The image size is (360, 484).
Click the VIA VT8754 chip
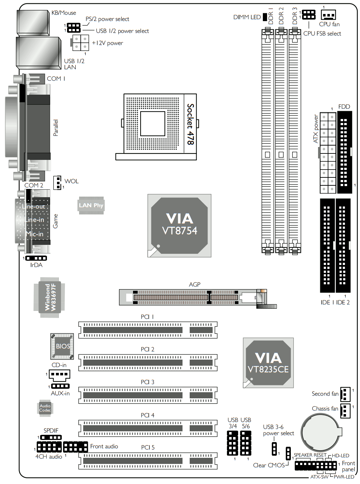click(x=179, y=226)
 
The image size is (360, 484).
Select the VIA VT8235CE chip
click(x=268, y=363)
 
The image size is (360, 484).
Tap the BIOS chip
click(x=62, y=346)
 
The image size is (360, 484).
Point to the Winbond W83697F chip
click(x=49, y=297)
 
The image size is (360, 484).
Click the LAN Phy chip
click(x=91, y=205)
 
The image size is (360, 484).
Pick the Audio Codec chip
click(x=45, y=408)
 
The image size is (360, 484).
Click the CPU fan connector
click(x=328, y=15)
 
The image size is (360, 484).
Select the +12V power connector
click(x=80, y=43)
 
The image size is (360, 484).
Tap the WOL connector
click(x=57, y=182)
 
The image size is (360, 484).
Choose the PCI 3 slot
click(x=148, y=395)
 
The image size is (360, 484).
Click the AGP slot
click(x=198, y=298)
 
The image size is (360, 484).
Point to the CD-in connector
click(x=60, y=374)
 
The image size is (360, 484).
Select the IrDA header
click(x=36, y=258)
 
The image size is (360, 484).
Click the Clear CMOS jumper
click(x=288, y=453)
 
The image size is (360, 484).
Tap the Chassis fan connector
click(x=345, y=411)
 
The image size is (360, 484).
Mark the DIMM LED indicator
click(x=265, y=17)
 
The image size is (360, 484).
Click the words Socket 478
click(x=190, y=124)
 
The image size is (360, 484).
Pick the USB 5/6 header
click(x=246, y=443)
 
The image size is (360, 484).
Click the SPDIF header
click(x=51, y=437)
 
